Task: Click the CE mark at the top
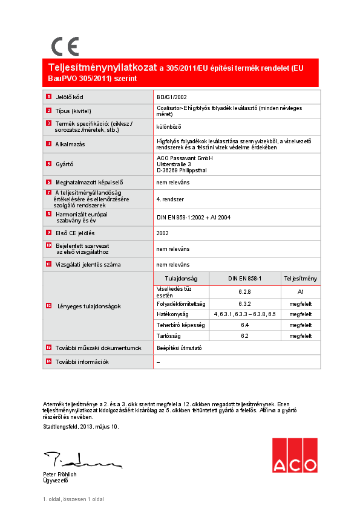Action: tap(65, 47)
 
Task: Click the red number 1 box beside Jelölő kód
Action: tap(49, 96)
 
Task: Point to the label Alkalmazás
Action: tap(70, 144)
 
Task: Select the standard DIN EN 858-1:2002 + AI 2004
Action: tap(193, 217)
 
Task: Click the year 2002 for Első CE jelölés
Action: tap(162, 233)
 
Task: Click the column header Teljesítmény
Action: tap(300, 278)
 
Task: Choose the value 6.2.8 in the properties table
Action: tap(244, 291)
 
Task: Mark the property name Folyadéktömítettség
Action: tap(182, 303)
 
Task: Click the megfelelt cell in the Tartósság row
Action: tap(300, 336)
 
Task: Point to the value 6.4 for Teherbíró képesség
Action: tap(244, 325)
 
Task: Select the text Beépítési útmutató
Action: tap(180, 348)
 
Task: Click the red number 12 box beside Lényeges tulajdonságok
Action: tap(49, 306)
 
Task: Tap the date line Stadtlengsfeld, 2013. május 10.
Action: tap(81, 427)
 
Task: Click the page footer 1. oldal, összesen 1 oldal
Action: tap(73, 499)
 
